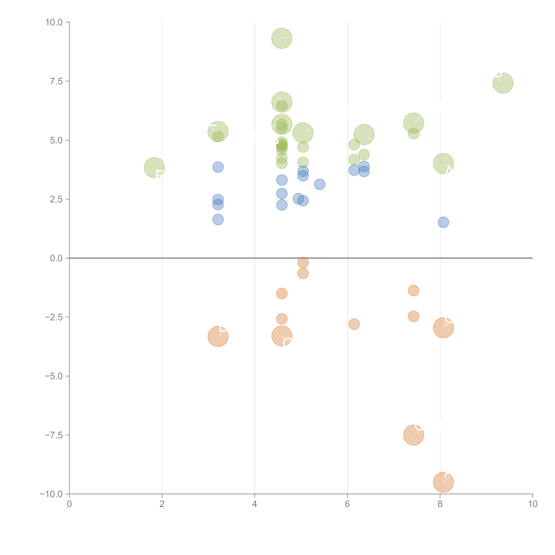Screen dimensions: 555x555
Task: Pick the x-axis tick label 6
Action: click(347, 504)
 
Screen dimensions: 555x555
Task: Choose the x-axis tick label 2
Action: click(162, 504)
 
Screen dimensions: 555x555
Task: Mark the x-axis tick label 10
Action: click(533, 504)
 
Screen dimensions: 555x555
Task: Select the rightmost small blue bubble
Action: click(443, 222)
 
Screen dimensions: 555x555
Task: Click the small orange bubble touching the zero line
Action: click(303, 262)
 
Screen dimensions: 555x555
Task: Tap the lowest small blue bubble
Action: click(443, 222)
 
